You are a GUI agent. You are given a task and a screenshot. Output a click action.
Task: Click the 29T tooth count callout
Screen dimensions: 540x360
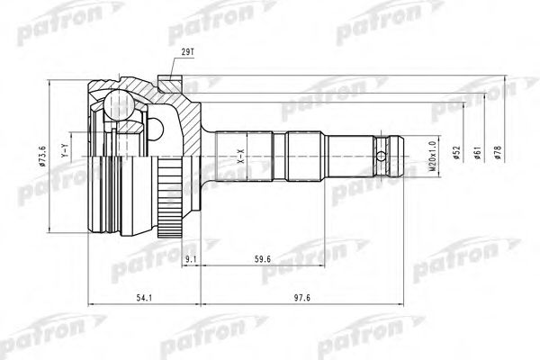click(x=188, y=52)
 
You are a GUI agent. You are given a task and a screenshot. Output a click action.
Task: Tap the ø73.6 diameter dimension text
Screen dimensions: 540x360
click(x=43, y=156)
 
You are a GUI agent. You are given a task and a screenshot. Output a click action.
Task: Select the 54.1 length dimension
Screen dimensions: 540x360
click(x=144, y=298)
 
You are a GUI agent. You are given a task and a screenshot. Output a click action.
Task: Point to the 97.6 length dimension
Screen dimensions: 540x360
click(x=302, y=298)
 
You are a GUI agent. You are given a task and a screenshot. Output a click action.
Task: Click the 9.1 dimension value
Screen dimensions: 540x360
click(x=191, y=259)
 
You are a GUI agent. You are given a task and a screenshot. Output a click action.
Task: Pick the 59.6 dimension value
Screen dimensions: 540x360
click(x=263, y=259)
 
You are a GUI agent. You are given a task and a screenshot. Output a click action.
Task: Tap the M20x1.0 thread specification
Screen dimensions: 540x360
click(x=433, y=156)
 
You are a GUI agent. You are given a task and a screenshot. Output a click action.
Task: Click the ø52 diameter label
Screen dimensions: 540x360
click(x=457, y=152)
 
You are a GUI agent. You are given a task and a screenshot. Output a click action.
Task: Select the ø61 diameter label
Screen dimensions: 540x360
click(x=478, y=152)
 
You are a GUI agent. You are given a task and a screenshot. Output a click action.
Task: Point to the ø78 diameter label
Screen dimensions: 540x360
click(x=498, y=152)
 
